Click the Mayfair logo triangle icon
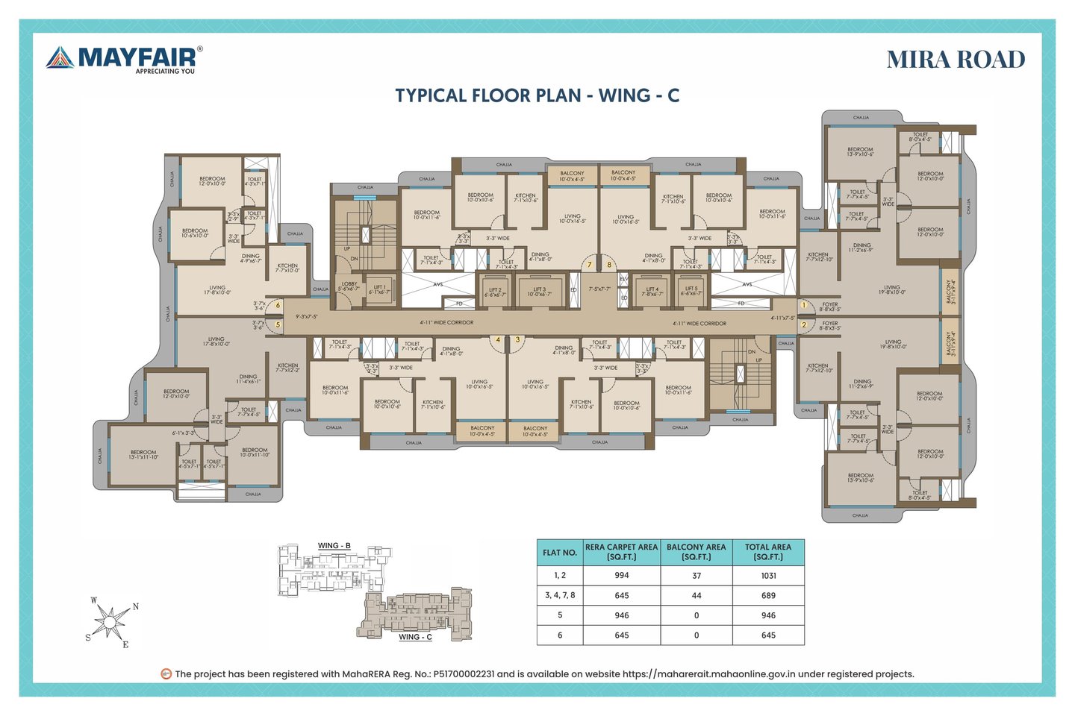click(60, 58)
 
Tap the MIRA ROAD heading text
click(956, 60)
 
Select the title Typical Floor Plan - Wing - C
click(537, 95)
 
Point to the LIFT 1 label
click(379, 289)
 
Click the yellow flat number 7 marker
click(589, 265)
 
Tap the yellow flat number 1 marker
click(804, 305)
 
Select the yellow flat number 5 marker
click(278, 324)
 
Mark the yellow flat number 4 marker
click(498, 340)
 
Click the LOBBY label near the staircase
click(349, 286)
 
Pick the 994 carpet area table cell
click(621, 575)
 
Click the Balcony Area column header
click(696, 552)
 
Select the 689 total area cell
click(768, 595)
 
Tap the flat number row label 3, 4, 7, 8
click(560, 595)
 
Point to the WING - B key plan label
click(334, 546)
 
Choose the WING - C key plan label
click(415, 637)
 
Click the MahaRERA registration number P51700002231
click(464, 674)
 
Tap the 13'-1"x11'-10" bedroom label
click(143, 454)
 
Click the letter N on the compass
click(135, 606)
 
